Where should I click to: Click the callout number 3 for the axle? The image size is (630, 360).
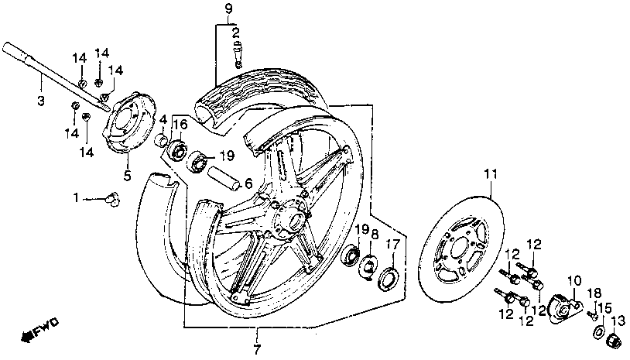41,101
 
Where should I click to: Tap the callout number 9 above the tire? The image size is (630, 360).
228,9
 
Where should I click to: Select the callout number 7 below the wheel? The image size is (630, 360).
257,349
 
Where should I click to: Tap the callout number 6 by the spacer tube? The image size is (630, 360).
248,183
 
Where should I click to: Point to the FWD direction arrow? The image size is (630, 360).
43,328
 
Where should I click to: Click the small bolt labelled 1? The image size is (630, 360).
113,200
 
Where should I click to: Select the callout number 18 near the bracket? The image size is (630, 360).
594,292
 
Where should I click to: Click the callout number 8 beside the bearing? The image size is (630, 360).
375,235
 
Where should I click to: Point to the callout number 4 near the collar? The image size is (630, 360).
164,119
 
